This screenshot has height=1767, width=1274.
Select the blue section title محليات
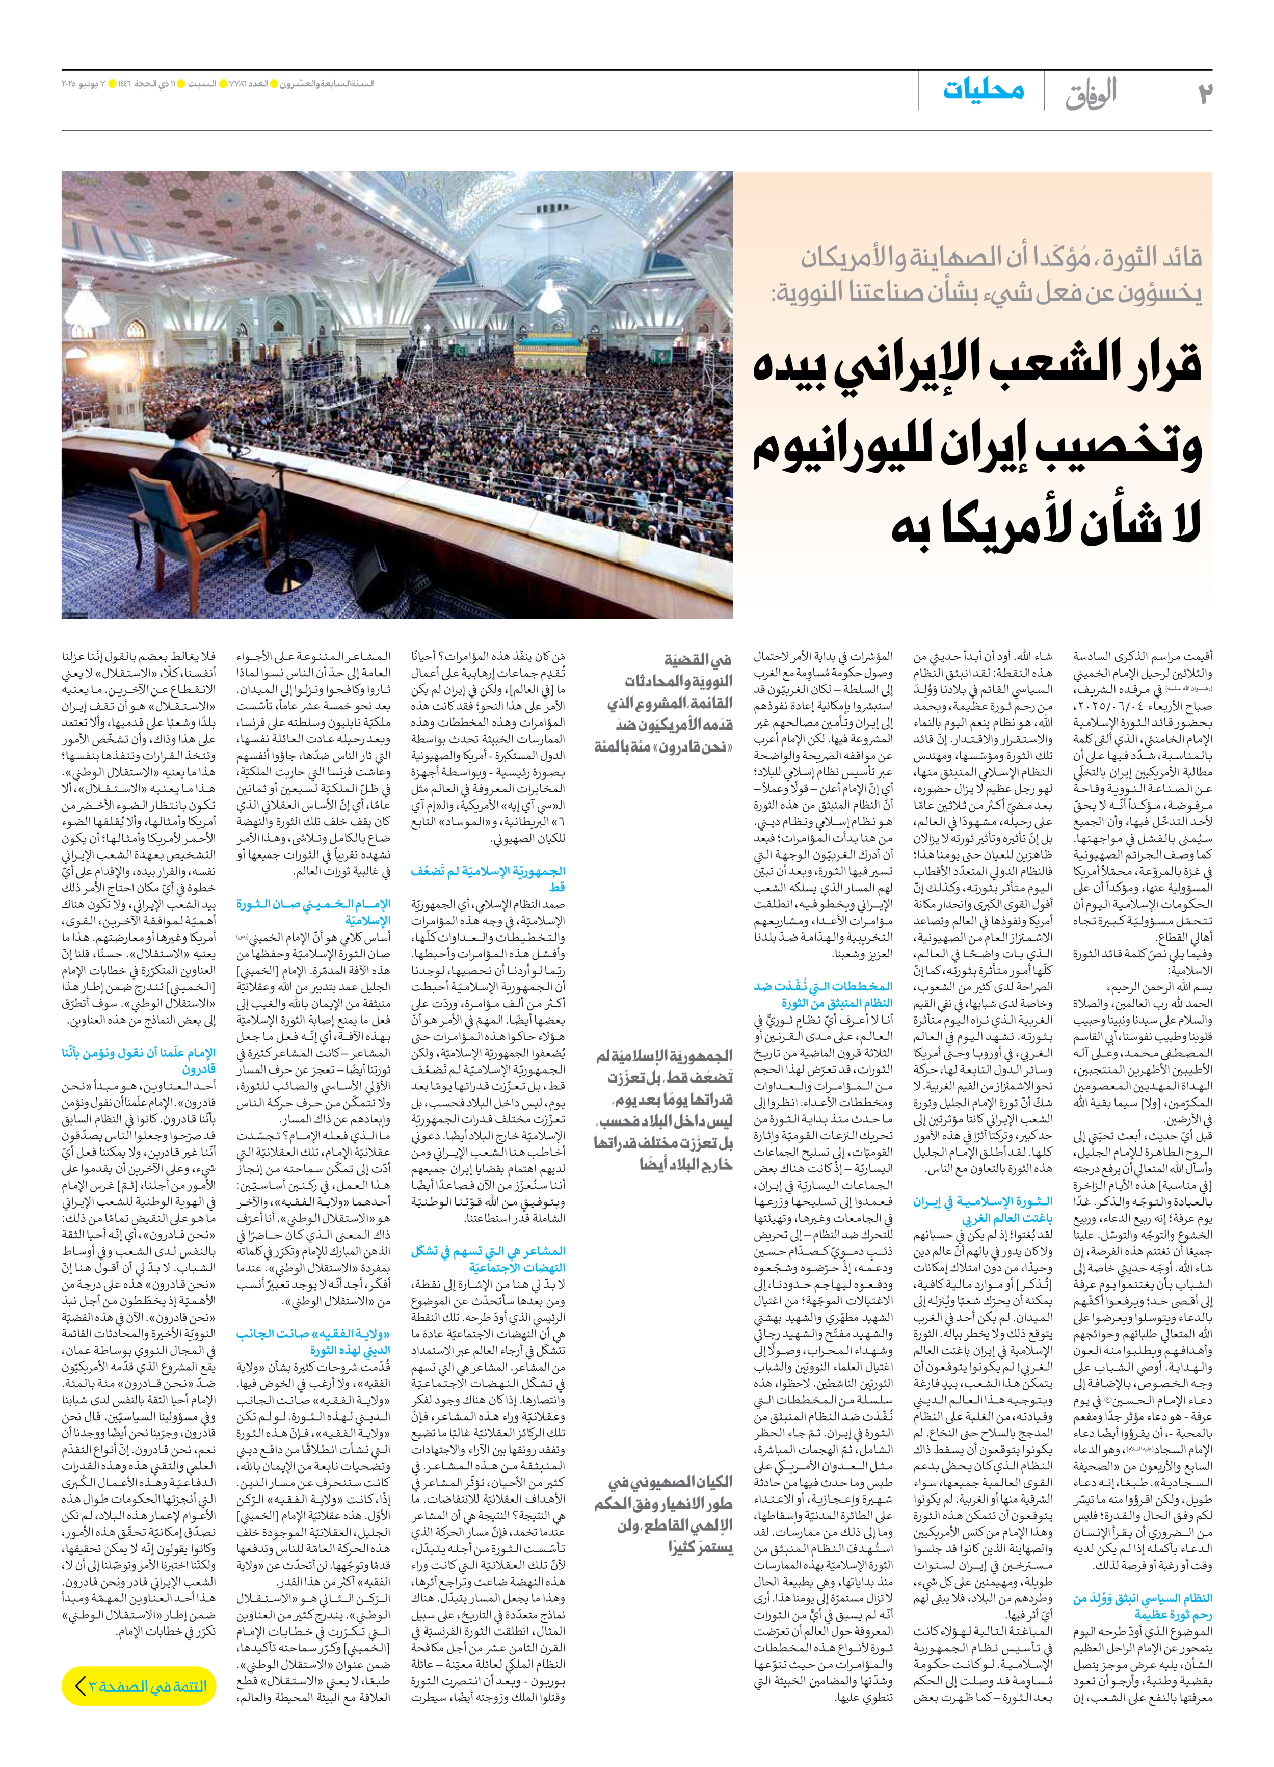pyautogui.click(x=984, y=90)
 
